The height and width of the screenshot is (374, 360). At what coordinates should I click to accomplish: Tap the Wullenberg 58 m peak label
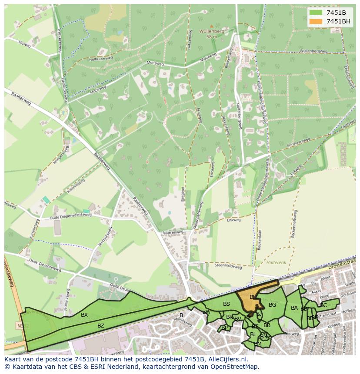coord(211,33)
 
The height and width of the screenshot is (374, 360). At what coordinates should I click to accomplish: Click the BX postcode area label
coord(84,315)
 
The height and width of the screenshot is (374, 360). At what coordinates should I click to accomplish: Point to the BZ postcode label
coord(101,325)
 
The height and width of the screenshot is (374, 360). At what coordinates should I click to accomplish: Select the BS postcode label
coord(226,304)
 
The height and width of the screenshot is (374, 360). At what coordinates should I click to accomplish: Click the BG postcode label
coord(272,305)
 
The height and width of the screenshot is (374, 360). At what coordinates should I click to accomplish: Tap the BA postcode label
coord(294,308)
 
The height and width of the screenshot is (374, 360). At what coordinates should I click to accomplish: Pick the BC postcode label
coord(323,305)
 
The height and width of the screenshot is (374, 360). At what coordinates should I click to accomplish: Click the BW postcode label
coord(207,312)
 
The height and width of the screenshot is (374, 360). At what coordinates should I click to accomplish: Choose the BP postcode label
coord(224,328)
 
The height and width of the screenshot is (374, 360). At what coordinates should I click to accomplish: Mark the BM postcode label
coord(258,344)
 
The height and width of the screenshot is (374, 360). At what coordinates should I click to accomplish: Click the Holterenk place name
coord(276,262)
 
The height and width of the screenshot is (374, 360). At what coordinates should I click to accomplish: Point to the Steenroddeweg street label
coord(228,267)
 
